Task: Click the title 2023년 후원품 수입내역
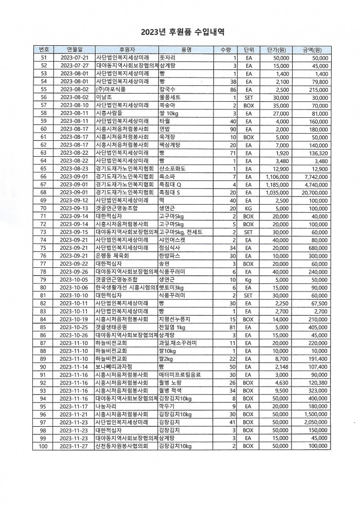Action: [x=179, y=32]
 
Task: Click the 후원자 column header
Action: [x=125, y=50]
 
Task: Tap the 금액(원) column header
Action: [x=312, y=50]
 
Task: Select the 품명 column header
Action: [x=186, y=50]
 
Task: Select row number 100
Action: [x=44, y=447]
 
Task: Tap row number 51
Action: [x=44, y=58]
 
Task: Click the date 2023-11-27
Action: [x=74, y=447]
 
